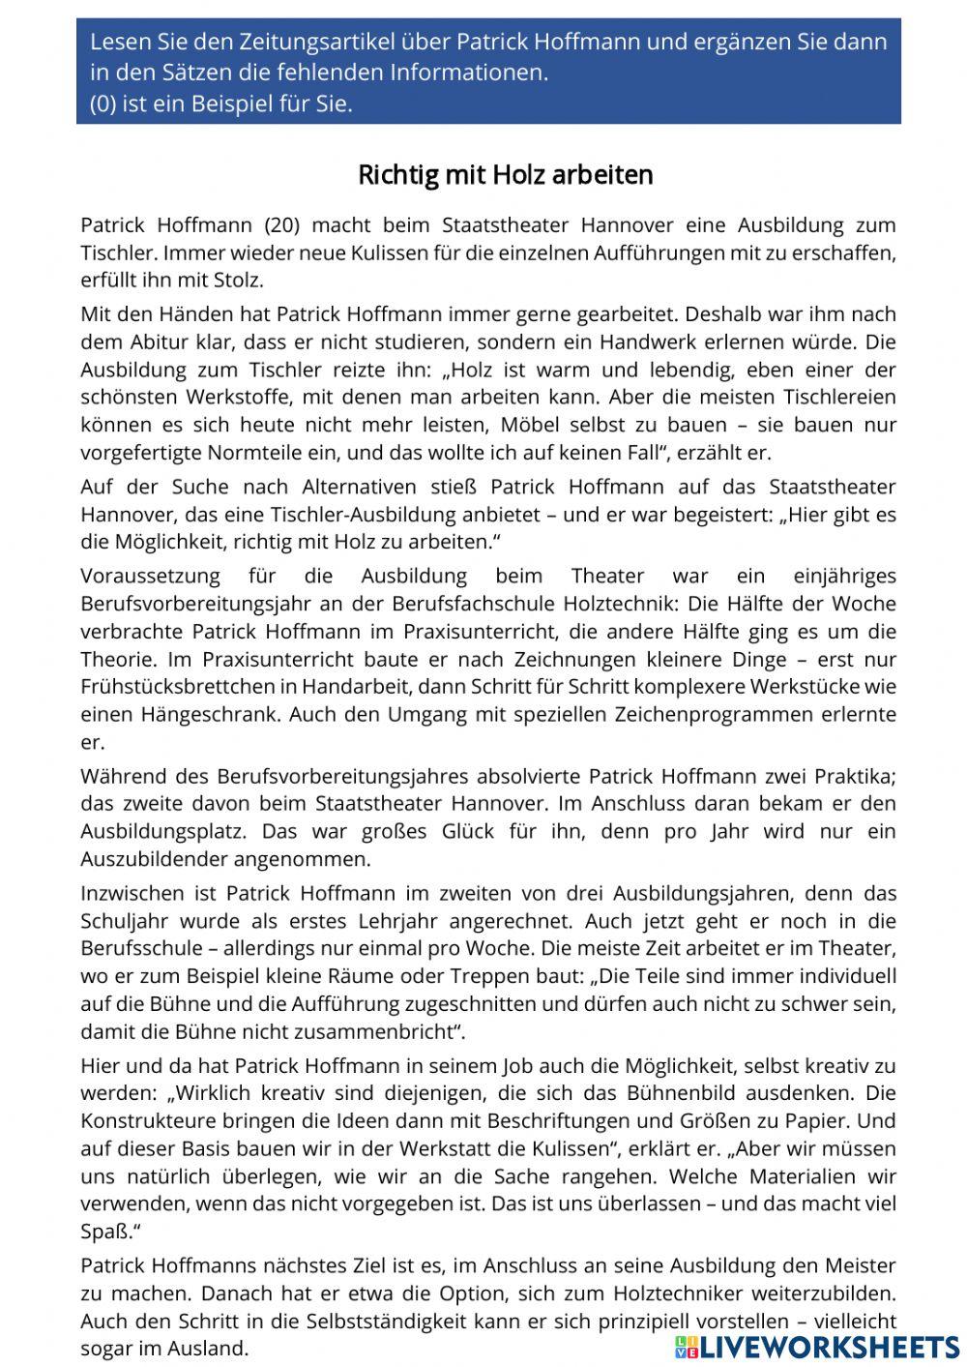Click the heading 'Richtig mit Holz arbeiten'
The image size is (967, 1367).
click(x=505, y=175)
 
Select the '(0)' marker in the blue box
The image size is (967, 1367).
click(x=103, y=104)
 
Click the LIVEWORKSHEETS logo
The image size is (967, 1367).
click(x=817, y=1347)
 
